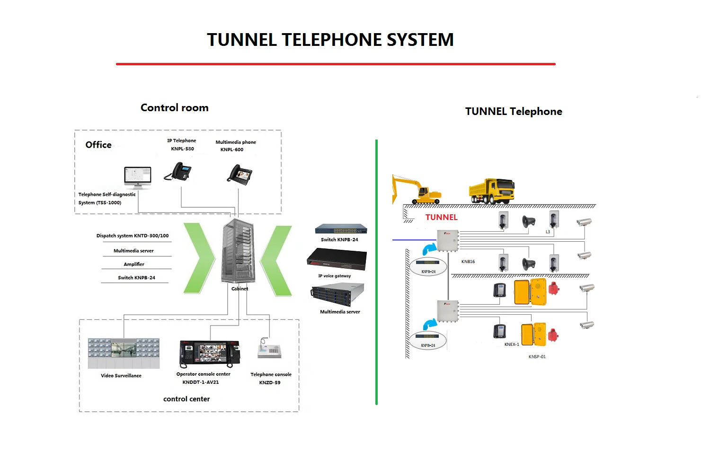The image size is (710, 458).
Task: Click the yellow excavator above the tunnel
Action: click(416, 189)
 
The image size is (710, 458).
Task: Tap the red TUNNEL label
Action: click(441, 217)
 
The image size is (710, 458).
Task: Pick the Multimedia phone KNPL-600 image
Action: click(240, 174)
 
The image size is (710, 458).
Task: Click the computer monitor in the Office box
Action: click(137, 178)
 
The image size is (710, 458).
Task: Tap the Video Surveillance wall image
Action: click(124, 353)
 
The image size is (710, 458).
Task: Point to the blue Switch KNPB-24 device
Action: click(341, 229)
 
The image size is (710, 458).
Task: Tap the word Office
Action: click(98, 145)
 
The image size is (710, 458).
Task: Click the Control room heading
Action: click(174, 108)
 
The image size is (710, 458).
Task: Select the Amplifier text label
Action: click(134, 264)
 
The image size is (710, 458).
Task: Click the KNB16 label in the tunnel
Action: click(468, 262)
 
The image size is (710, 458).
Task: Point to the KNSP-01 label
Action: click(537, 357)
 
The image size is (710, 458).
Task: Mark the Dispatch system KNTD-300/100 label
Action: click(133, 236)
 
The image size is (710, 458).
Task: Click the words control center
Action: click(186, 399)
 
